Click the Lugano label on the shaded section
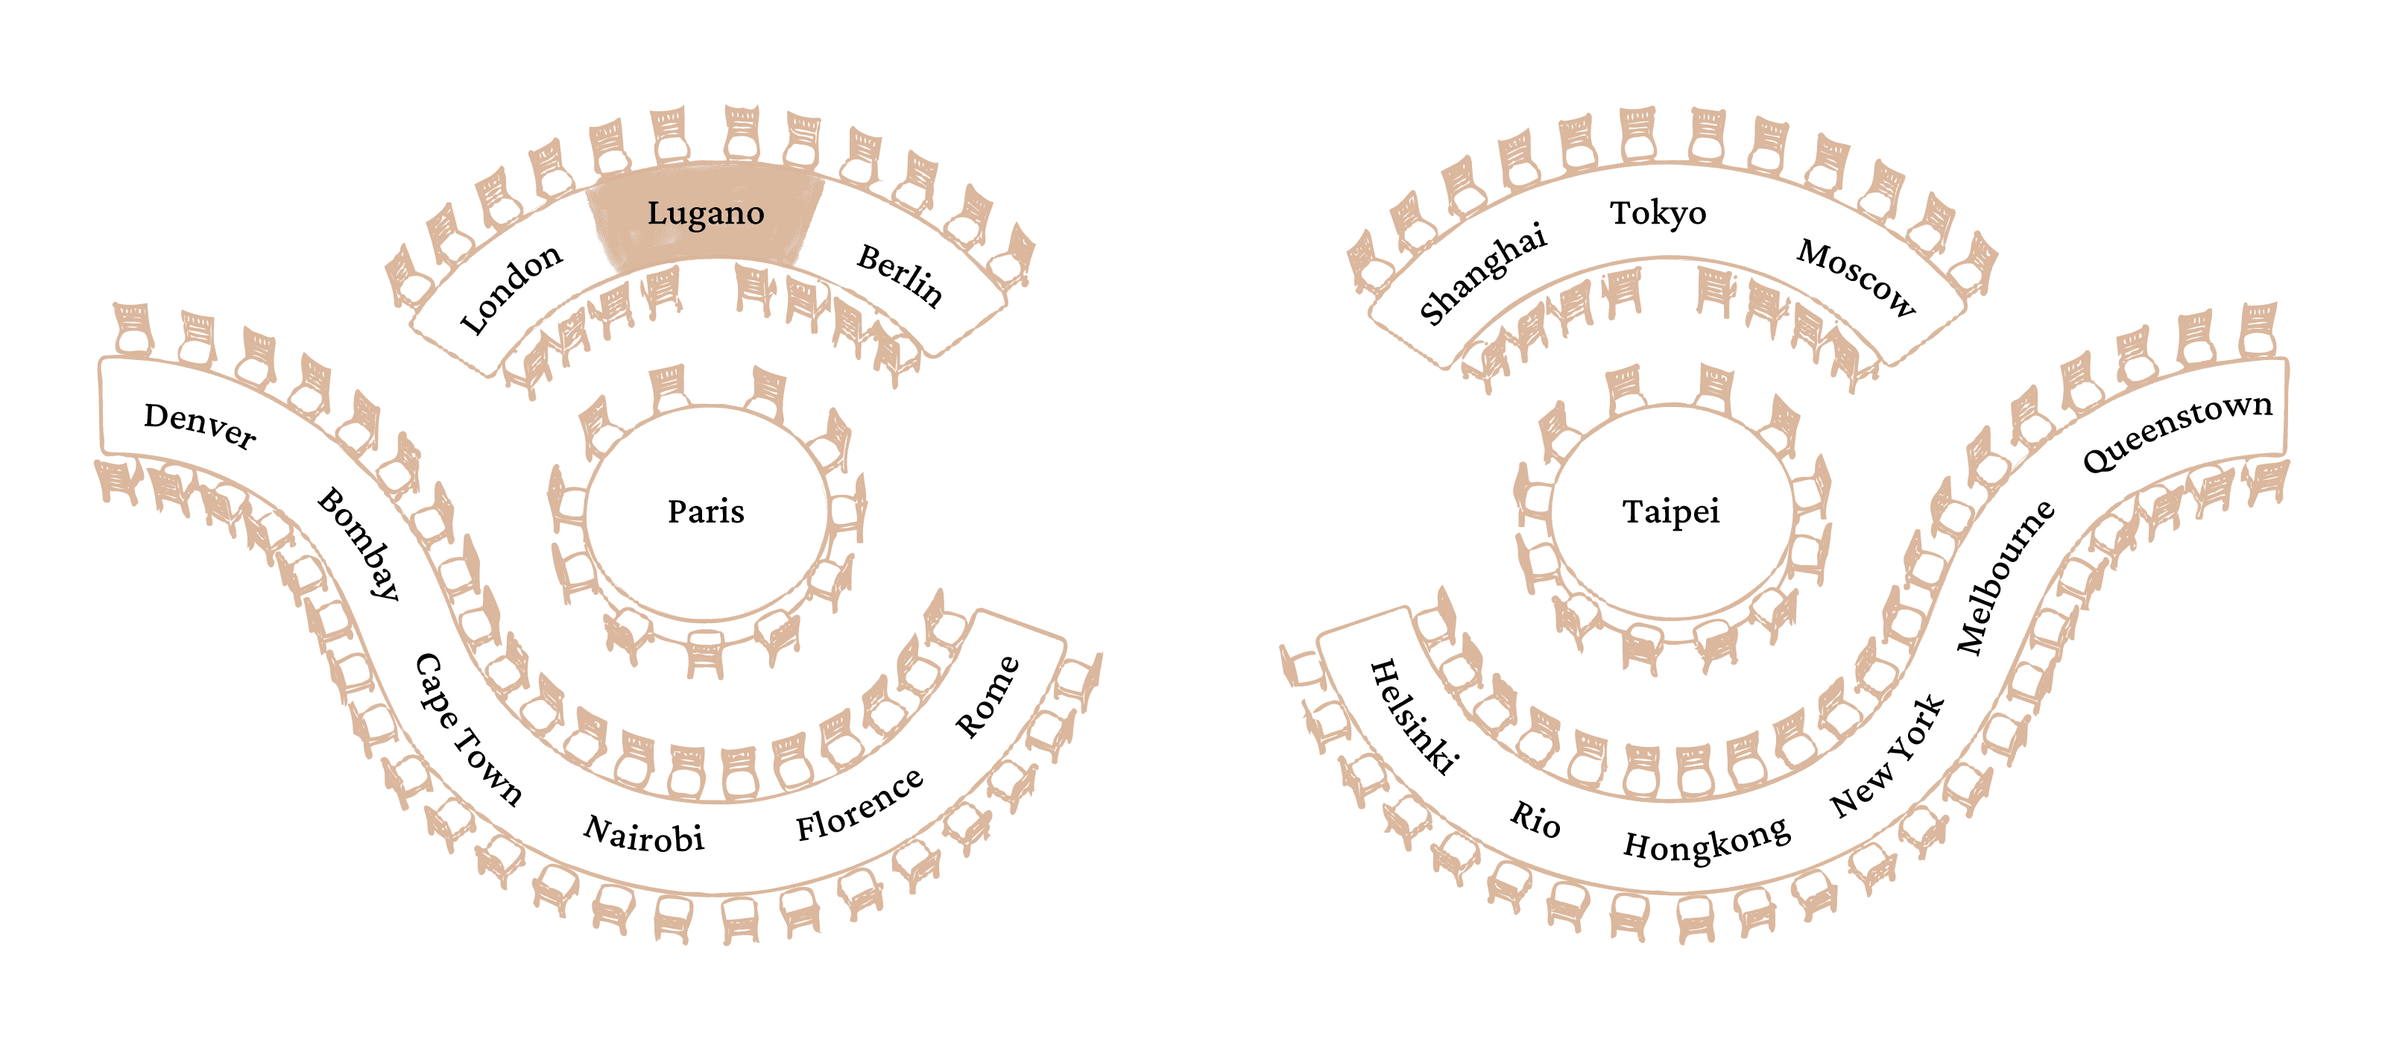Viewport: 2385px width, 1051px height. (x=706, y=214)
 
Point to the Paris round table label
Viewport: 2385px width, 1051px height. (x=706, y=511)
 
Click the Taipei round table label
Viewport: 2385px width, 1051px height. (x=1671, y=511)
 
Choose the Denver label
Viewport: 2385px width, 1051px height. (x=200, y=425)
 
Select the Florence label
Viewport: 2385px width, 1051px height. (x=859, y=805)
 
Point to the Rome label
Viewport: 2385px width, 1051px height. (x=988, y=697)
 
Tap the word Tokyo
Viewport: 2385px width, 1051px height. (x=1658, y=214)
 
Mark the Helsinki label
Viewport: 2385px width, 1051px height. (x=1415, y=716)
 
